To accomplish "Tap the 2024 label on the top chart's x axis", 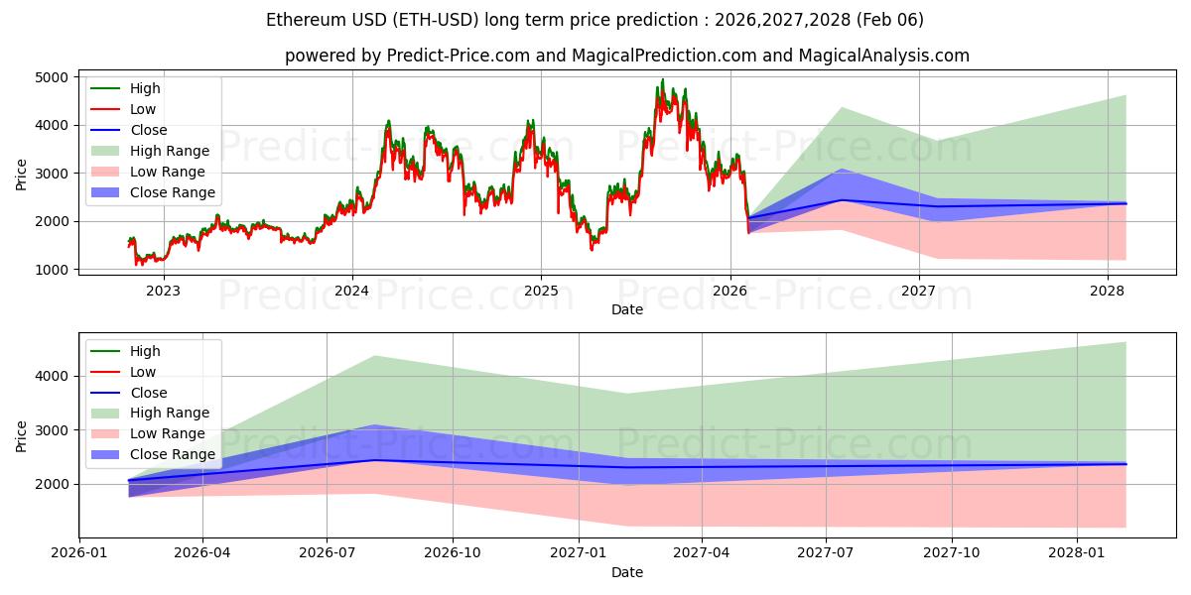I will [x=351, y=291].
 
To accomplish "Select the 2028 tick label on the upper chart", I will [x=1108, y=291].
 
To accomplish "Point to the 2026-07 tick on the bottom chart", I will [x=329, y=553].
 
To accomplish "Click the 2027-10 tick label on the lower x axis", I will [x=952, y=553].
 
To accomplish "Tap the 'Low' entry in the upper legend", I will [x=143, y=109].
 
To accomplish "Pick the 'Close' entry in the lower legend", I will [x=149, y=393].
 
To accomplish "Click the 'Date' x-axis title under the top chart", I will [x=627, y=309].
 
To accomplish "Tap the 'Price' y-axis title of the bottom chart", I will [x=22, y=435].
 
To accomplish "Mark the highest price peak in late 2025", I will [x=663, y=80].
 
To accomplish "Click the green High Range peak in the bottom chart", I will [x=376, y=356].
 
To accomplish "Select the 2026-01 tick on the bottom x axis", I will [x=78, y=553].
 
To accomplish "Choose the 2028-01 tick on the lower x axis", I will [x=1076, y=553].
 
